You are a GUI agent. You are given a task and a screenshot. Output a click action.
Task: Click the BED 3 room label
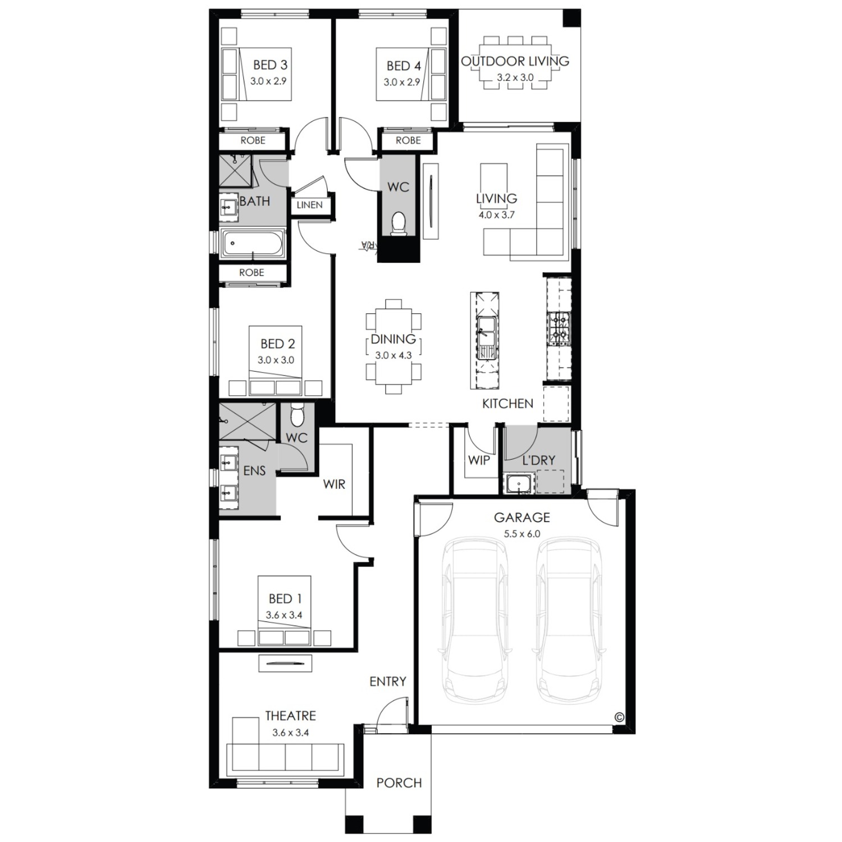[x=270, y=65]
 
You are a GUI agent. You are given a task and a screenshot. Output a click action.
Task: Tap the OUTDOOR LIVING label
[x=515, y=61]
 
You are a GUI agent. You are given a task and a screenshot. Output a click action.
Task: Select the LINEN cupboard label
[x=309, y=205]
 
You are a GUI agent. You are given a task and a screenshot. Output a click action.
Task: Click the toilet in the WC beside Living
[x=398, y=223]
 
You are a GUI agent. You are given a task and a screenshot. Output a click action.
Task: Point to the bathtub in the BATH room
[x=253, y=244]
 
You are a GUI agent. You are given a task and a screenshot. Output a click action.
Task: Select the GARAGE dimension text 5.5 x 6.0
[x=521, y=534]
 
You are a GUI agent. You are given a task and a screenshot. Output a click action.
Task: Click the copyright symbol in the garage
[x=619, y=717]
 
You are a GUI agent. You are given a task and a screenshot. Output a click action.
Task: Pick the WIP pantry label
[x=479, y=460]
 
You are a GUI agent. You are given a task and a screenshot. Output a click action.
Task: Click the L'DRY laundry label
[x=538, y=460]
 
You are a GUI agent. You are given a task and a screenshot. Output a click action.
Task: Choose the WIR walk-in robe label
[x=334, y=484]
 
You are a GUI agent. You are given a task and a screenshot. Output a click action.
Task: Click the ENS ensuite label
[x=254, y=471]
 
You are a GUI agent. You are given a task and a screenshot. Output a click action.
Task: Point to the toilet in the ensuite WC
[x=297, y=416]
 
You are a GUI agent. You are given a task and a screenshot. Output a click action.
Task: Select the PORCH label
[x=399, y=782]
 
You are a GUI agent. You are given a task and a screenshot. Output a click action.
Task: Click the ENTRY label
[x=388, y=681]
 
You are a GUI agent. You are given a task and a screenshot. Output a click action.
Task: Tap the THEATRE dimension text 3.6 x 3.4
[x=290, y=733]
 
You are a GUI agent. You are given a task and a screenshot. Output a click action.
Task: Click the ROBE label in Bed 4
[x=408, y=140]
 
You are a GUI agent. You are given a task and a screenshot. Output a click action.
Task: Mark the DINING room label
[x=393, y=339]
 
